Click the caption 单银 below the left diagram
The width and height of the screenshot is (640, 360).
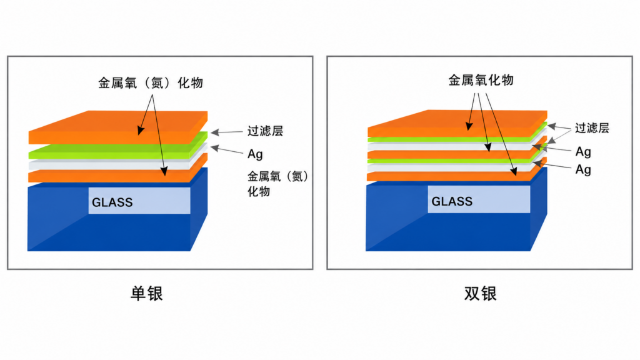146,294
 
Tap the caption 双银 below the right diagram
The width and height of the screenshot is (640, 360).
481,294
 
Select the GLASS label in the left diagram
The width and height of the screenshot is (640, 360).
112,202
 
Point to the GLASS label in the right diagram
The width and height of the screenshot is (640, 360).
452,201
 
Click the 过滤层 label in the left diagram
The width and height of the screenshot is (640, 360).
265,131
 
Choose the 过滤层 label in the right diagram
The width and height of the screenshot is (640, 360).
592,128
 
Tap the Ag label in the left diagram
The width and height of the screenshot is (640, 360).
255,154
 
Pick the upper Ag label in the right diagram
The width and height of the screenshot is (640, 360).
583,152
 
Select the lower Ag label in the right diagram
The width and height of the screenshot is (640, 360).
583,169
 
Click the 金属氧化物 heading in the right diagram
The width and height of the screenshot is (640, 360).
481,80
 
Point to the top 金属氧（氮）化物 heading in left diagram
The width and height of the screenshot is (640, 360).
151,83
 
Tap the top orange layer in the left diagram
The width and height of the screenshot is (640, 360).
118,127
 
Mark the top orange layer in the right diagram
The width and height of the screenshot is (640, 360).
457,123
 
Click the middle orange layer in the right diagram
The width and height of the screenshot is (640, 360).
457,152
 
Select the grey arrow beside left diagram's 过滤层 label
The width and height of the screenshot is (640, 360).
226,132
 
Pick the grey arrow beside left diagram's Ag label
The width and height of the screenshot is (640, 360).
226,149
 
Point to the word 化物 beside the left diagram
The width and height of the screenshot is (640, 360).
259,191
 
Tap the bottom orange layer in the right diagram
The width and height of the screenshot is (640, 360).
457,174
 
